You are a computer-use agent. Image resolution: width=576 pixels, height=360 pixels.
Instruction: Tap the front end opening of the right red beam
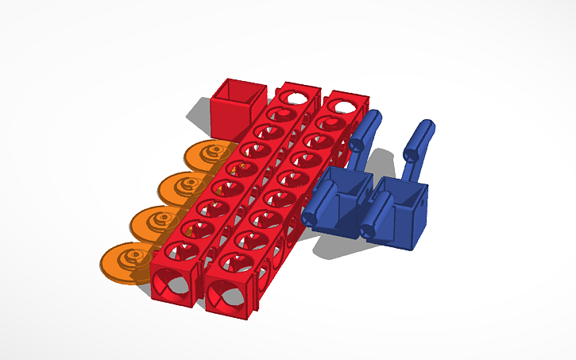pos(230,295)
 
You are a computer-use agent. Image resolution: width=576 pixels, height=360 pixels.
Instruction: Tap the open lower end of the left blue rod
pos(357,145)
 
